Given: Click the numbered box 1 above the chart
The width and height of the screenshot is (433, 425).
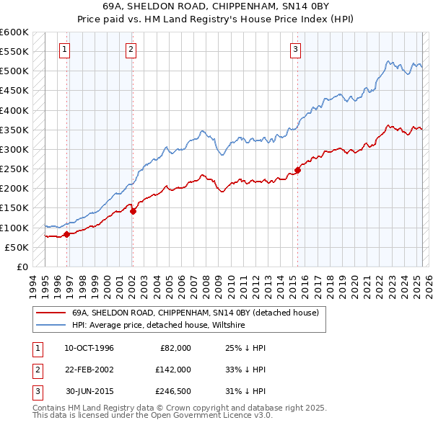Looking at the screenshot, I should (65, 50).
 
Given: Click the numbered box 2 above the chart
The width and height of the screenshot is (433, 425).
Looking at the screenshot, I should (131, 50).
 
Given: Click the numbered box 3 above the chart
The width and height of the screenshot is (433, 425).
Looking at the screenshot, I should (296, 50).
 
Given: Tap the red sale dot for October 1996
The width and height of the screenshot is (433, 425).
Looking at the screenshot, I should (66, 234).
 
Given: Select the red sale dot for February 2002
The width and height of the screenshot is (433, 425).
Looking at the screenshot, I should (133, 210).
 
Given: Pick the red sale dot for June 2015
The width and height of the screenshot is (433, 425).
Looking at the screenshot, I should (297, 170).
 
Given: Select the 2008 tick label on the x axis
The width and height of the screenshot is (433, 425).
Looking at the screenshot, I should (208, 285).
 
